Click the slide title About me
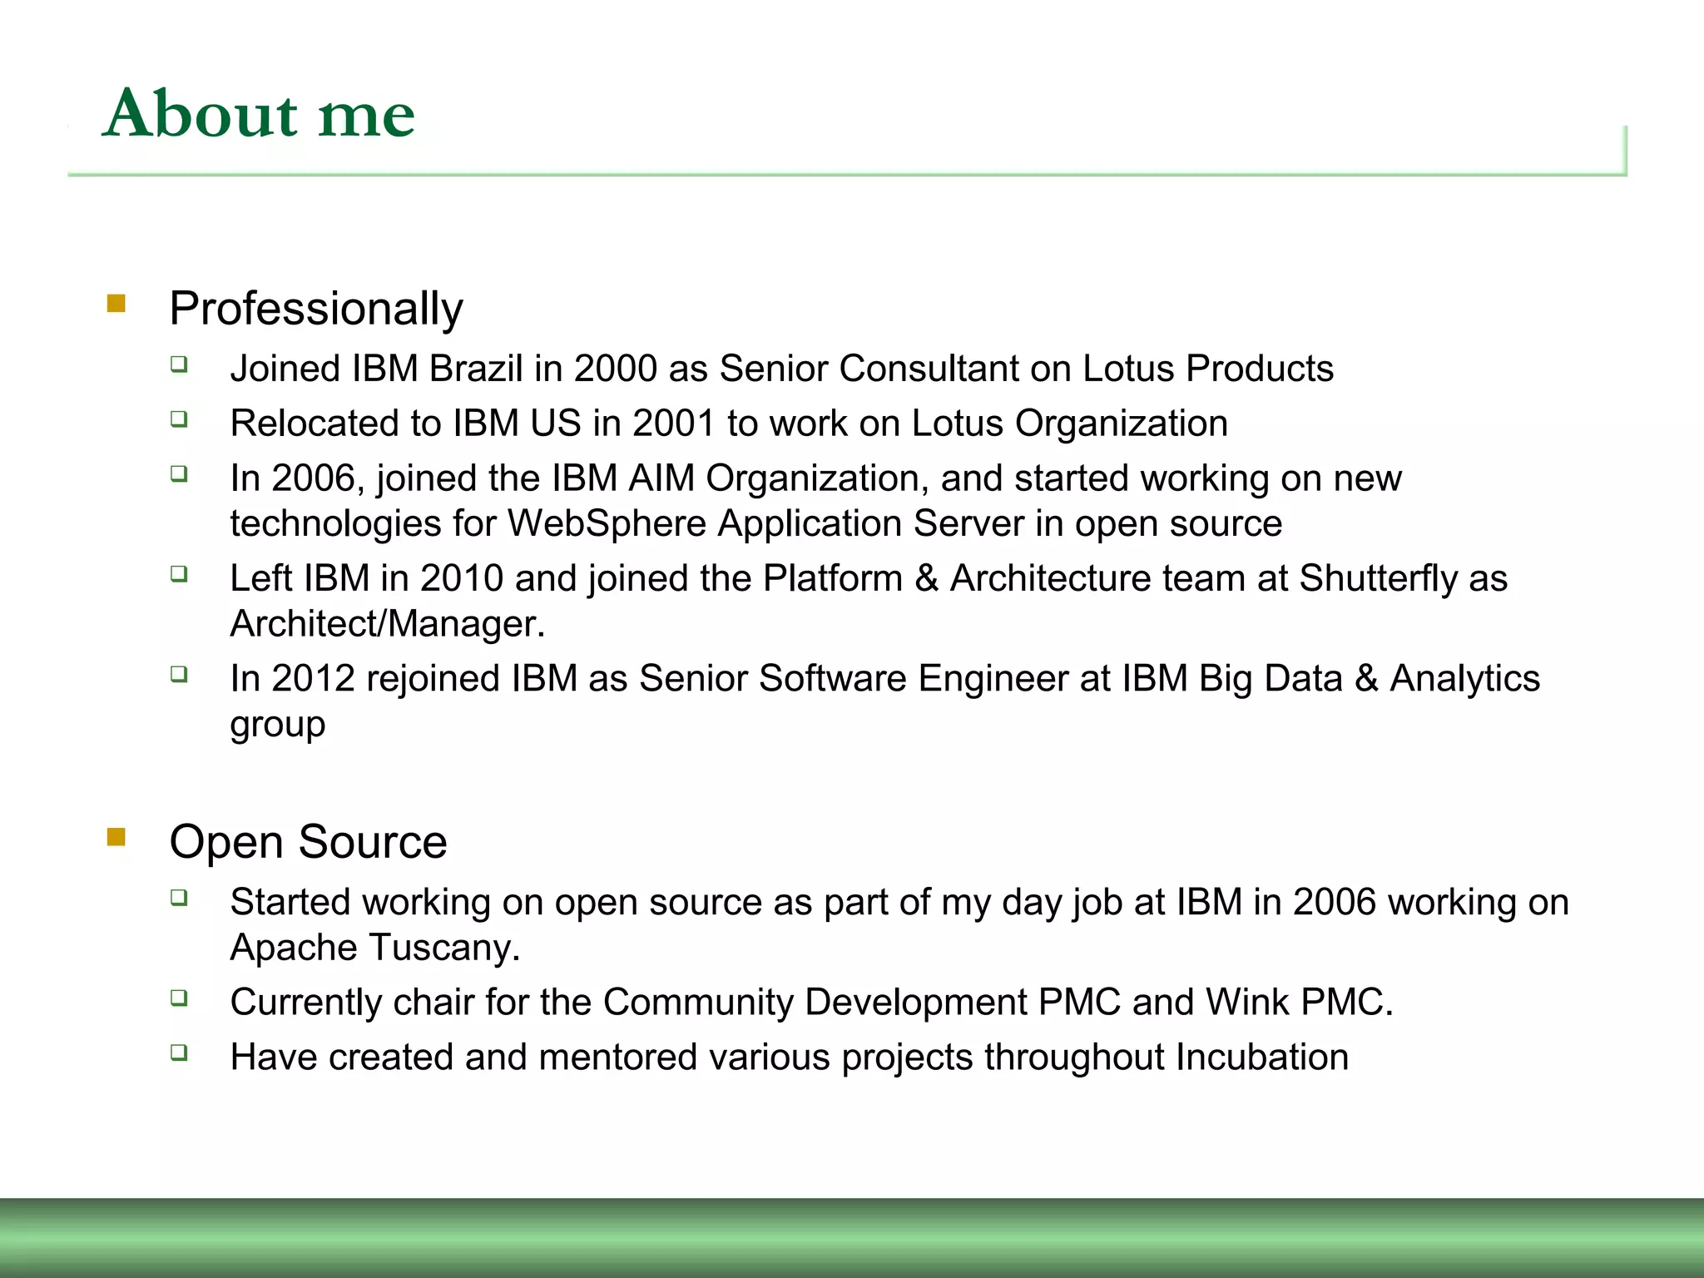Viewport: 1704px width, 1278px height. pyautogui.click(x=259, y=114)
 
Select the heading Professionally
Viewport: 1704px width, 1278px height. pyautogui.click(x=315, y=309)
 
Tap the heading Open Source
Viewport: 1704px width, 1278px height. pyautogui.click(x=308, y=842)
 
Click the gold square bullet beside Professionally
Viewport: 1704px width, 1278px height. pyautogui.click(x=116, y=304)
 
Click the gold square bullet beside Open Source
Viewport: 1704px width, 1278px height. pyautogui.click(x=116, y=836)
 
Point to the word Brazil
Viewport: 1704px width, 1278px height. pyautogui.click(x=475, y=369)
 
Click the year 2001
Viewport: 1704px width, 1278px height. pyautogui.click(x=673, y=424)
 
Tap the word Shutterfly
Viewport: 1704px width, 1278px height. pyautogui.click(x=1378, y=578)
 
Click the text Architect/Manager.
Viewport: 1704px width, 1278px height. pyautogui.click(x=387, y=624)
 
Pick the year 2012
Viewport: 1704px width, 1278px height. pyautogui.click(x=313, y=678)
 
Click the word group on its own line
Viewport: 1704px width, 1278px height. pyautogui.click(x=277, y=725)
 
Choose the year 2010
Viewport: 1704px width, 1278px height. pyautogui.click(x=462, y=578)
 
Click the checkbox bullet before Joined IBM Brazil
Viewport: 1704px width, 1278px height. pyautogui.click(x=179, y=364)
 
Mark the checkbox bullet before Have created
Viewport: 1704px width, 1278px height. pyautogui.click(x=179, y=1053)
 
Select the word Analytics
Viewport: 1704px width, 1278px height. pyautogui.click(x=1464, y=678)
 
